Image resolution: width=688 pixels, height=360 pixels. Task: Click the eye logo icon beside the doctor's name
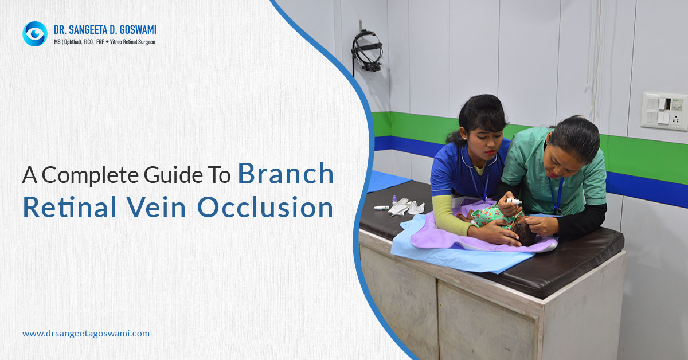34,33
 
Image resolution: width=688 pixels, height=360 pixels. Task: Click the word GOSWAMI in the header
133,29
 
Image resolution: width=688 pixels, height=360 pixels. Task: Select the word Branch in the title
286,174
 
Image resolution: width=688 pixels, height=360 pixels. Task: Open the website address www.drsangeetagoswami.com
86,333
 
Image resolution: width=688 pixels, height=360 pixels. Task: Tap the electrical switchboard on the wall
663,111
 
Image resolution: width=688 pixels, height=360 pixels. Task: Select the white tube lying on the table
381,207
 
